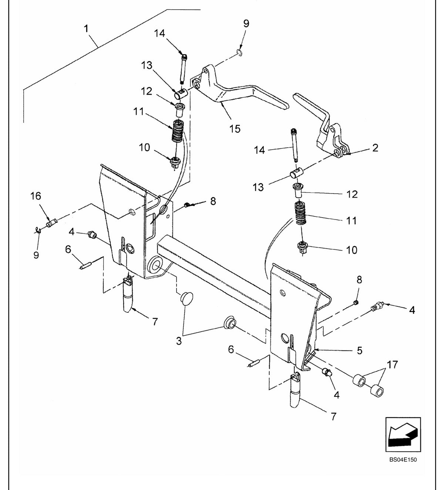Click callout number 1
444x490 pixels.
[86, 29]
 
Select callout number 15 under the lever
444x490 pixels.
[235, 129]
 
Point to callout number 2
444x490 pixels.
[375, 148]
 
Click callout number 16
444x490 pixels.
[36, 196]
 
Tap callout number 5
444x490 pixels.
[360, 350]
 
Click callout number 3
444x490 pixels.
[179, 341]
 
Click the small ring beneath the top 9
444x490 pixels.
[240, 52]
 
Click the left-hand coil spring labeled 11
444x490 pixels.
[178, 131]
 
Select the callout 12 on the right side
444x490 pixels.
[352, 194]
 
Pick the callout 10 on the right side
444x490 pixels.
[351, 250]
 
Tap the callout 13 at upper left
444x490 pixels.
[147, 65]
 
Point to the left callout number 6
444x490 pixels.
[68, 249]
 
